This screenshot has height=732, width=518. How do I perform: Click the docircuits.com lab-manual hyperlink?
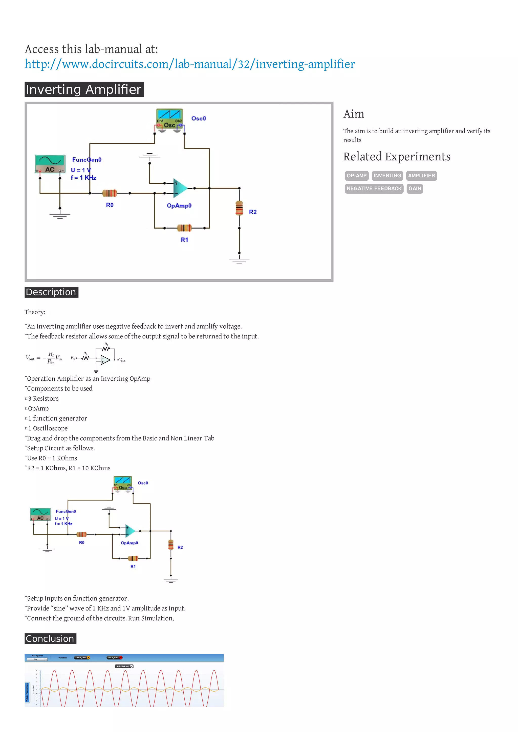pyautogui.click(x=190, y=64)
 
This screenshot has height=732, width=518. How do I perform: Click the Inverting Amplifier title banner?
pyautogui.click(x=84, y=89)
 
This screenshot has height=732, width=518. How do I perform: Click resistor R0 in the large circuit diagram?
pyautogui.click(x=110, y=193)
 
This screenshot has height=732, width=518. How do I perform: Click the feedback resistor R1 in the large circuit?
pyautogui.click(x=184, y=228)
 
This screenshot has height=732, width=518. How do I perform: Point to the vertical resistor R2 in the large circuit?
pyautogui.click(x=239, y=208)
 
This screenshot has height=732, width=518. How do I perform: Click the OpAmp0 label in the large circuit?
pyautogui.click(x=179, y=206)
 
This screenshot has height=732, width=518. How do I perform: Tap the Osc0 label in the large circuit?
pyautogui.click(x=199, y=118)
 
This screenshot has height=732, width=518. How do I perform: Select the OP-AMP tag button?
pyautogui.click(x=356, y=176)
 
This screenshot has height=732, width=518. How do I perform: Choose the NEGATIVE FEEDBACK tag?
pyautogui.click(x=374, y=189)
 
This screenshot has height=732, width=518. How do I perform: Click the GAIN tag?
pyautogui.click(x=415, y=189)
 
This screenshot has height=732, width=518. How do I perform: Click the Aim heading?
pyautogui.click(x=354, y=114)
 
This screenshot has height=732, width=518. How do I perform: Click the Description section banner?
pyautogui.click(x=51, y=292)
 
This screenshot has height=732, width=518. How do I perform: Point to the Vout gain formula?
pyautogui.click(x=44, y=358)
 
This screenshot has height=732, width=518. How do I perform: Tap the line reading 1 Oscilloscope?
pyautogui.click(x=48, y=428)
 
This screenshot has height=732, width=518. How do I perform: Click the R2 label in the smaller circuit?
pyautogui.click(x=180, y=547)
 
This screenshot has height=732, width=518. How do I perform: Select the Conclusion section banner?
pyautogui.click(x=50, y=639)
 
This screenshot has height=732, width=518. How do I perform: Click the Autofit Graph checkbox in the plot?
pyautogui.click(x=132, y=666)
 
